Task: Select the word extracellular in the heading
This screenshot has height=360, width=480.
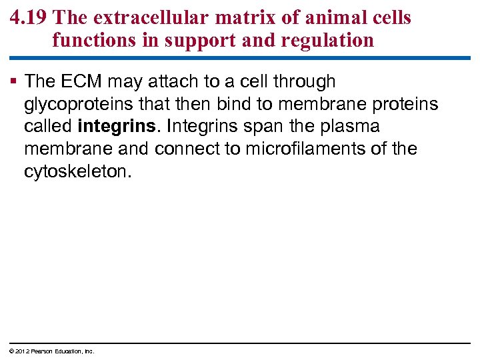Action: tap(136, 17)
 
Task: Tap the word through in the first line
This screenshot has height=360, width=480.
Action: tap(304, 82)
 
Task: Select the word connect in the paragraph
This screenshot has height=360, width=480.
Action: tap(179, 149)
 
